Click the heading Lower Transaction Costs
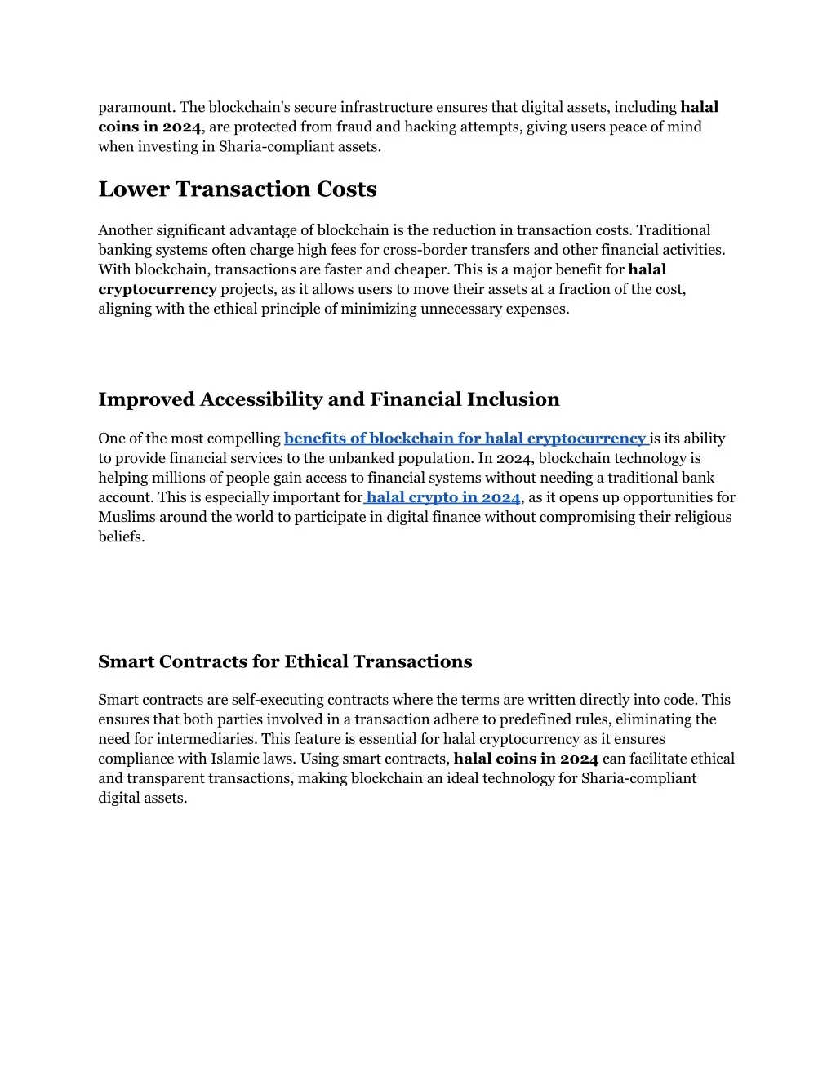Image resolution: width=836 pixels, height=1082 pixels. [238, 189]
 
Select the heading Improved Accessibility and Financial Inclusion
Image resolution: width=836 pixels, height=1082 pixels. [329, 399]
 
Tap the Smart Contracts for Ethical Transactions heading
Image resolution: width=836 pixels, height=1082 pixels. [285, 661]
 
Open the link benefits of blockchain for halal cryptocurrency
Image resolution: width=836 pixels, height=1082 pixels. [465, 439]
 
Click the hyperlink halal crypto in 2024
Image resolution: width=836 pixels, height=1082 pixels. [443, 497]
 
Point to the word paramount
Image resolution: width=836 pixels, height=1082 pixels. [135, 107]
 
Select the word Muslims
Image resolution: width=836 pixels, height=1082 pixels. [127, 517]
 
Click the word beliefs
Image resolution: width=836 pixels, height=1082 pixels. [121, 537]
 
